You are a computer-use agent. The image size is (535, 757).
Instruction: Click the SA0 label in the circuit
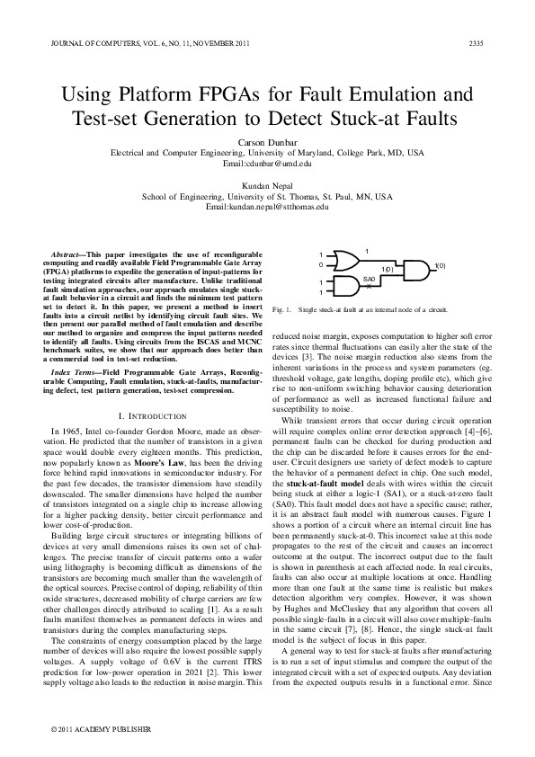(x=368, y=280)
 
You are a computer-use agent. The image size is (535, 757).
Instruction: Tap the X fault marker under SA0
(x=368, y=287)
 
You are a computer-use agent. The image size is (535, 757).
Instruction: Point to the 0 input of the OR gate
(x=320, y=264)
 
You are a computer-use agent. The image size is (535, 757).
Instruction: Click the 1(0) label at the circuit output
(x=441, y=265)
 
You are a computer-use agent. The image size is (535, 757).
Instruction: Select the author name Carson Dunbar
(x=267, y=142)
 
